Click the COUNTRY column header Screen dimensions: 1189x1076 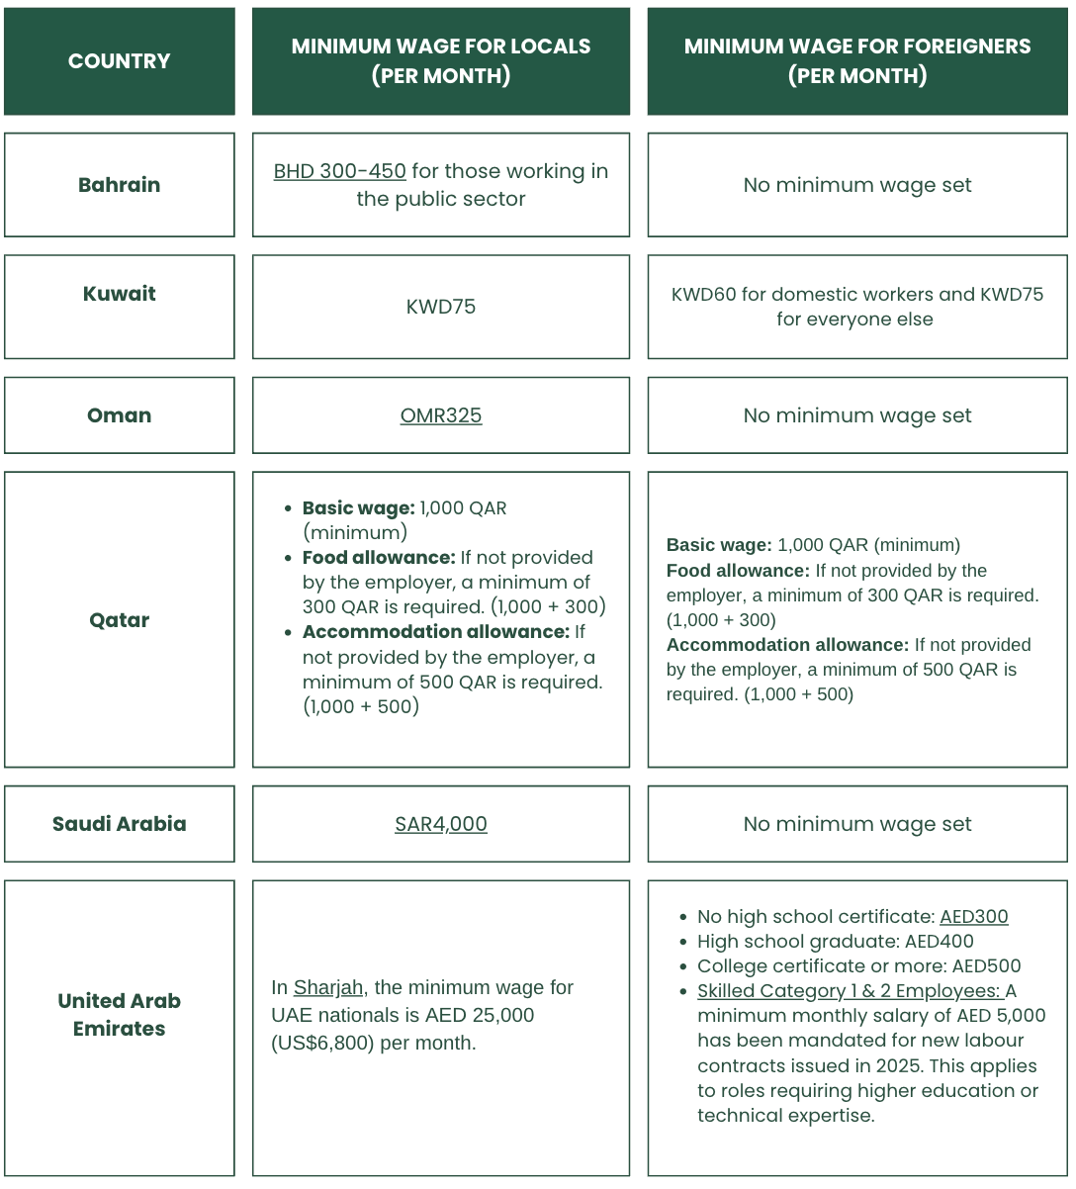tap(119, 61)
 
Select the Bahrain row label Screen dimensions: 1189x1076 tap(119, 185)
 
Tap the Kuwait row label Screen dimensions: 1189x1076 tap(119, 294)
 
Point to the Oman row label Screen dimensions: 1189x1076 tap(119, 415)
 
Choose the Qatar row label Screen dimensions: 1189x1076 tap(119, 620)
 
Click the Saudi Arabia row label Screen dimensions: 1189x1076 tap(119, 824)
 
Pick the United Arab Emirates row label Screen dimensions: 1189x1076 tap(119, 1015)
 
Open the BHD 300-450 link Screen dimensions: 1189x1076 tap(339, 171)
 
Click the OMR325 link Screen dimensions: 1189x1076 tap(441, 415)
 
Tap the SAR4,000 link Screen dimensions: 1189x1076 tap(441, 824)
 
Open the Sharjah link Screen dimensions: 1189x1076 tap(328, 987)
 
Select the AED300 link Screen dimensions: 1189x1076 tap(973, 917)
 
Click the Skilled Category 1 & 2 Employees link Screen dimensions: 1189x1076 tap(850, 991)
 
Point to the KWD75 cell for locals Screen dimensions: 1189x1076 tap(441, 307)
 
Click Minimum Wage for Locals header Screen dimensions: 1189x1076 tap(441, 61)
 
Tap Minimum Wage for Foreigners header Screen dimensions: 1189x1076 tap(857, 61)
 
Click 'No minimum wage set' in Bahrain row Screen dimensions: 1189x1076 tap(857, 185)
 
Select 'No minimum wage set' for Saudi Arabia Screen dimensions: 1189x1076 tap(857, 824)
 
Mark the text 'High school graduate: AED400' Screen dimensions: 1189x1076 tap(835, 942)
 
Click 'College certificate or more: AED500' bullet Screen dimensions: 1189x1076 tap(858, 966)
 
